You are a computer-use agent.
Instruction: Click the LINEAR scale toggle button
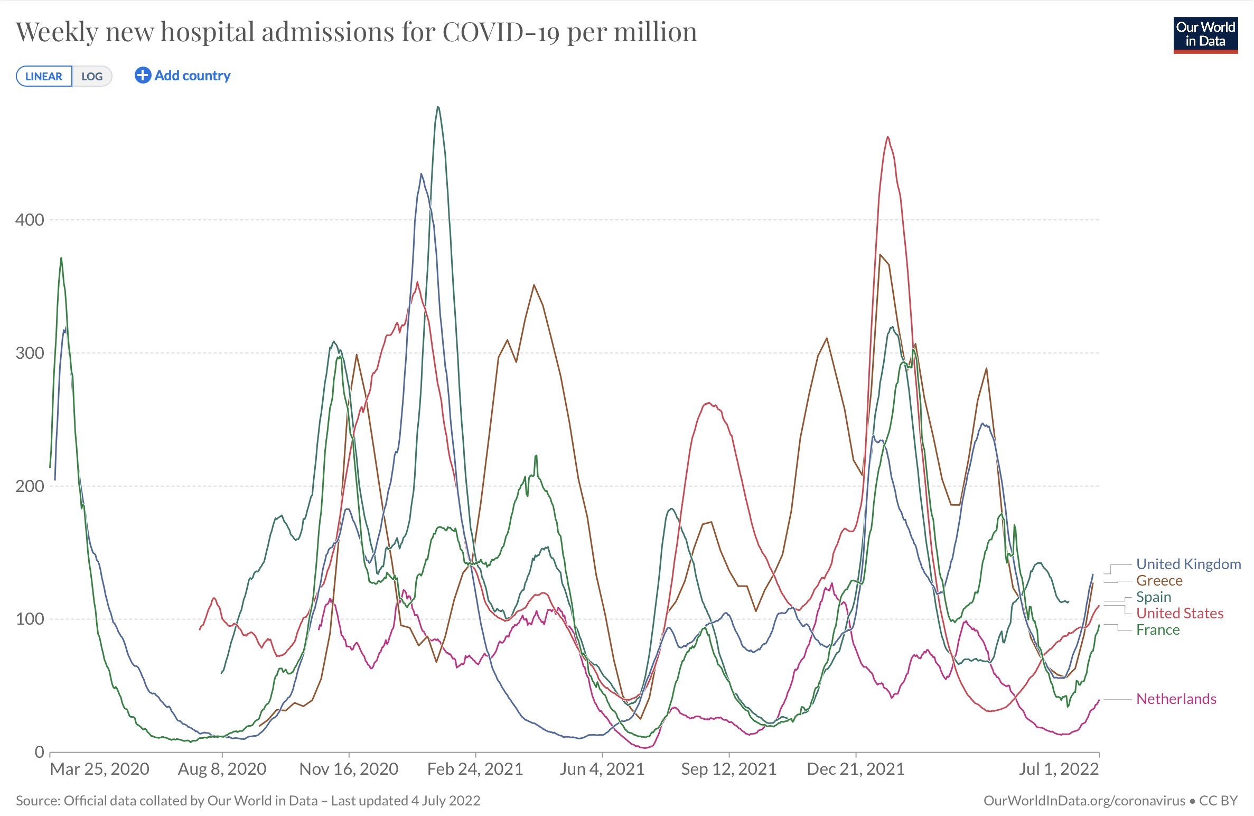(44, 76)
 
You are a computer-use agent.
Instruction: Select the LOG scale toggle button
(92, 76)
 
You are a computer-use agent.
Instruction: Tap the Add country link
(183, 76)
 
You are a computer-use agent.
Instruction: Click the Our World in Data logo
(1205, 35)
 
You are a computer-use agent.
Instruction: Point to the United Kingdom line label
(1189, 564)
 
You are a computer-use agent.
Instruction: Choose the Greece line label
(1159, 580)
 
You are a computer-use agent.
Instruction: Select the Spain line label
(1154, 597)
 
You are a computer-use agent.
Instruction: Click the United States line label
(1180, 613)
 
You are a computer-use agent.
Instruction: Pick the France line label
(1158, 629)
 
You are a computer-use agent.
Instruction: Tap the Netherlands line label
(1176, 699)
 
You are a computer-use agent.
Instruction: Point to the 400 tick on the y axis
(30, 220)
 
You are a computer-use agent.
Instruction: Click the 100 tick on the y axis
(30, 619)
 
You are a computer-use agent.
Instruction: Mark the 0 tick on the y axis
(39, 752)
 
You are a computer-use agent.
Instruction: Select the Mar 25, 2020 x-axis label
(99, 769)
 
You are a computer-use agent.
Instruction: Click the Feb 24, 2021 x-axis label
(475, 769)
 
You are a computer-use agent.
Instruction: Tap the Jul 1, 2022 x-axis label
(1059, 769)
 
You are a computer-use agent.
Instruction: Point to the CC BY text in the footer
(1218, 801)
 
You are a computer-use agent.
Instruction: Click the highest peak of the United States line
(888, 137)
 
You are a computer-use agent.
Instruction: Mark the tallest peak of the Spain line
(438, 107)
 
